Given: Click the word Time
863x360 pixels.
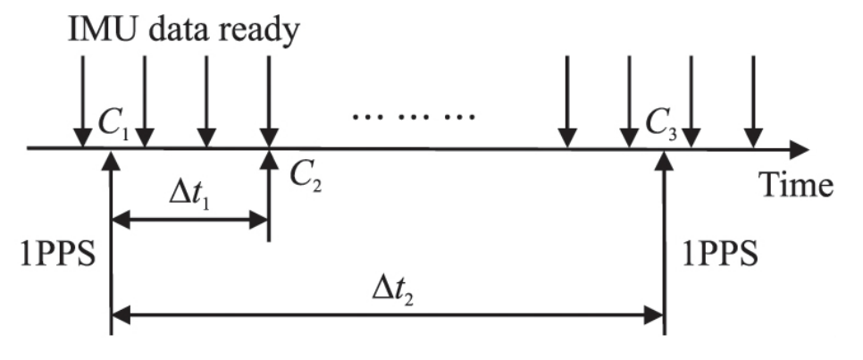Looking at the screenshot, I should click(796, 184).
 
